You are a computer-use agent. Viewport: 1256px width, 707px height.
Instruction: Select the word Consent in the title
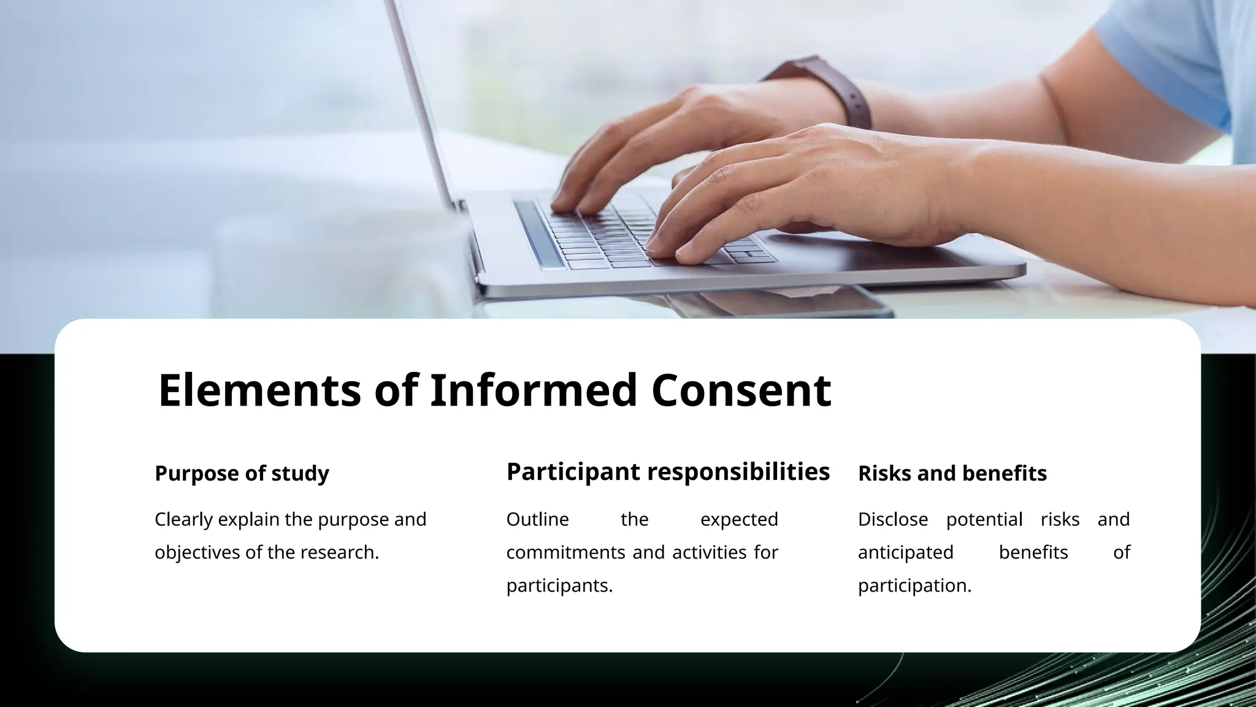[x=741, y=390]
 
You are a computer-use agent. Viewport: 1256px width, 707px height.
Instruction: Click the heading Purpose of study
[x=242, y=474]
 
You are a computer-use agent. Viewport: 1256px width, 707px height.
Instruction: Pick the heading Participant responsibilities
[x=668, y=472]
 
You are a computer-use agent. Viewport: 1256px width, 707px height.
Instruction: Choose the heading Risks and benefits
[x=952, y=474]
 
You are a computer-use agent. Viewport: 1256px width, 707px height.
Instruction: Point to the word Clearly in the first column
[x=183, y=520]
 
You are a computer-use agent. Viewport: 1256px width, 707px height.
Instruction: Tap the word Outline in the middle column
[x=537, y=520]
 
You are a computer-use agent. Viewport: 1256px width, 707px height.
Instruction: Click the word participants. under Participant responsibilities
[x=559, y=586]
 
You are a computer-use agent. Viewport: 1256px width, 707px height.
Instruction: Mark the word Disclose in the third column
[x=892, y=520]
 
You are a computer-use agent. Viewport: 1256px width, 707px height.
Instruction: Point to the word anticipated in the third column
[x=905, y=553]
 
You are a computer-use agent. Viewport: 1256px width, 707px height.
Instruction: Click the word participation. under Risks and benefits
[x=914, y=586]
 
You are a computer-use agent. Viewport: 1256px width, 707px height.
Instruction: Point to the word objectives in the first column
[x=197, y=553]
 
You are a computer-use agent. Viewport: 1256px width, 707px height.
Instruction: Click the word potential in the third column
[x=984, y=520]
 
